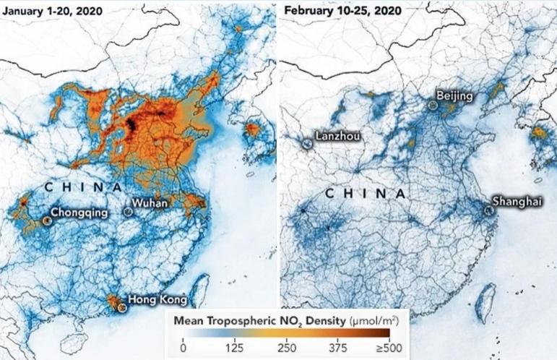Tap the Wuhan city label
point(150,204)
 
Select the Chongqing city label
point(80,213)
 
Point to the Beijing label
point(454,96)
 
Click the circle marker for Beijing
point(433,106)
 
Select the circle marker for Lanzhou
point(308,144)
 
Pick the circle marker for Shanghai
point(489,210)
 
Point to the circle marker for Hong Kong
point(122,307)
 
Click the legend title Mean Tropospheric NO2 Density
point(260,319)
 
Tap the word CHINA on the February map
point(365,194)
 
